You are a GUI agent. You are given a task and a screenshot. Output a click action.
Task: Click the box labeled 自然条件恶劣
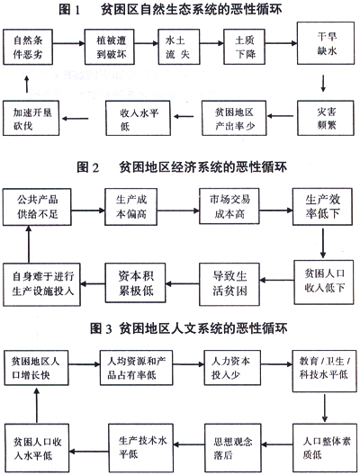pos(28,47)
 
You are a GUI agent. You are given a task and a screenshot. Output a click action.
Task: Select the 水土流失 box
pos(179,47)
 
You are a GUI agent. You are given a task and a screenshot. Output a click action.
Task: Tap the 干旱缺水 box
pos(326,43)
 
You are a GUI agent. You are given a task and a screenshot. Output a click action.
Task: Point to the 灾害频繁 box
pos(326,118)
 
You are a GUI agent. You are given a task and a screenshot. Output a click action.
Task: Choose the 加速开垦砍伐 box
pos(31,118)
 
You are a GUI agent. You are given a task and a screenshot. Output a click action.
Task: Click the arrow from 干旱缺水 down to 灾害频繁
pos(323,83)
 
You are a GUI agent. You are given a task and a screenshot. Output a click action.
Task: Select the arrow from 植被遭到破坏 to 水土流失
pos(147,43)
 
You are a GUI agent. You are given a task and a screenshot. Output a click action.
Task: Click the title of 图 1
pos(170,9)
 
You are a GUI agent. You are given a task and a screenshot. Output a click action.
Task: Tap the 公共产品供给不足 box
pos(37,207)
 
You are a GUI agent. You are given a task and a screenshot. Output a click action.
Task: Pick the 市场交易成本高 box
pos(229,206)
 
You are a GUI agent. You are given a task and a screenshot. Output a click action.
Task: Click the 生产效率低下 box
pos(322,207)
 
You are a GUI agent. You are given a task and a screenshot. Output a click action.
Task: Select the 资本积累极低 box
pos(135,282)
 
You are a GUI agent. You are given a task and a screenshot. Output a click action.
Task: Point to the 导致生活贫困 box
pos(229,284)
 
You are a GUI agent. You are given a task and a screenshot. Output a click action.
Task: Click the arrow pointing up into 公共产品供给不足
pos(29,244)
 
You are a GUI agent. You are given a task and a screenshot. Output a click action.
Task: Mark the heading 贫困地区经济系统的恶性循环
pos(203,167)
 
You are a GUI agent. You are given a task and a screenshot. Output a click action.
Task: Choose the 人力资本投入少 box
pos(232,368)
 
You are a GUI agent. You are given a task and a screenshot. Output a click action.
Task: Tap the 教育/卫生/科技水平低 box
pos(324,371)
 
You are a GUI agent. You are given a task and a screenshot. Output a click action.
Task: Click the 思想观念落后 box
pos(232,448)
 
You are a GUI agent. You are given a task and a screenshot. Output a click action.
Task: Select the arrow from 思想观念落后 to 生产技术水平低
pos(189,444)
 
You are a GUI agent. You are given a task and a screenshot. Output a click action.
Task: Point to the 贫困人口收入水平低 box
pos(37,448)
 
